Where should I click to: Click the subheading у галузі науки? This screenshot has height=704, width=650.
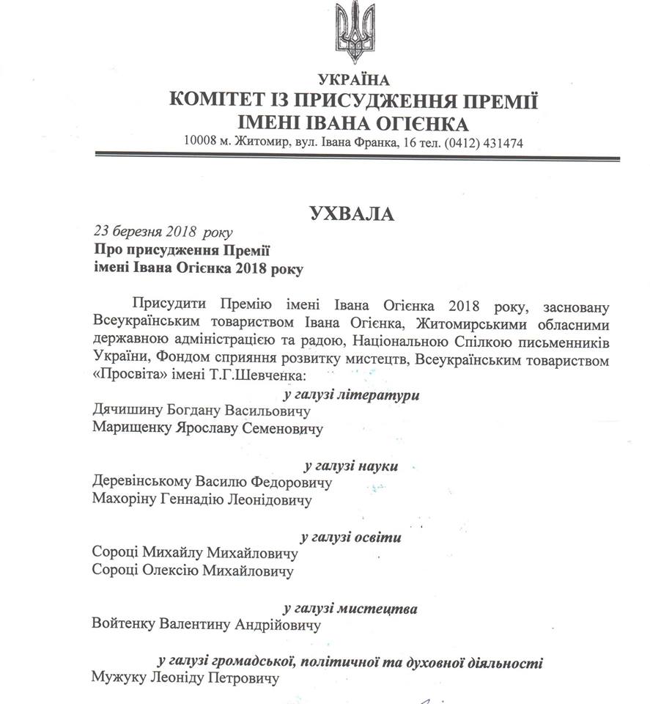click(351, 466)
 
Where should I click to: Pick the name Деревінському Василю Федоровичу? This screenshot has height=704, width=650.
click(212, 483)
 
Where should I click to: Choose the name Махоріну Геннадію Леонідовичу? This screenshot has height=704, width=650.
click(202, 500)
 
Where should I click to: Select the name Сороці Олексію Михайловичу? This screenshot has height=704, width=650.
click(193, 571)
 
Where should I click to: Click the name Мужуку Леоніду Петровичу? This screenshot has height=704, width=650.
click(186, 678)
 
